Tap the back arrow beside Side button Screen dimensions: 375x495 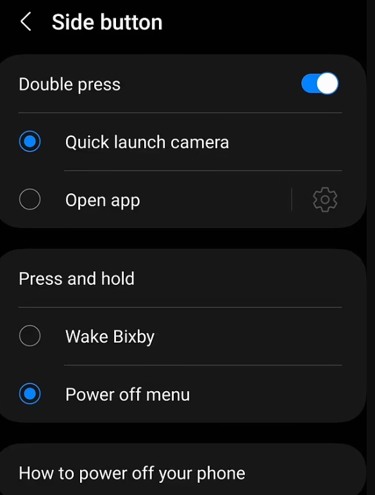[x=26, y=22]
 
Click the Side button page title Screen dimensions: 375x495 [x=107, y=22]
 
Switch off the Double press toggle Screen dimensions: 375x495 [x=320, y=84]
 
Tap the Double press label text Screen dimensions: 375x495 [x=69, y=85]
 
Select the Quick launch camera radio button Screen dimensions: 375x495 [x=29, y=141]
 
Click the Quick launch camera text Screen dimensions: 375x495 [x=147, y=142]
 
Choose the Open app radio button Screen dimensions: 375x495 [x=29, y=199]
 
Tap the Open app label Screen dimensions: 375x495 [x=103, y=200]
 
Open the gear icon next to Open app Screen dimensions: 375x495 [x=325, y=200]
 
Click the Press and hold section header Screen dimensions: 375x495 [x=76, y=279]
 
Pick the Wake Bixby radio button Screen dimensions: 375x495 [x=29, y=336]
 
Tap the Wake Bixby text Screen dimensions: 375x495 [x=110, y=337]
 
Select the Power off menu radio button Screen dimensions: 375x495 [x=29, y=394]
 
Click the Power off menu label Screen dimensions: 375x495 [x=128, y=394]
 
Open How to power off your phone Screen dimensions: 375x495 [x=132, y=473]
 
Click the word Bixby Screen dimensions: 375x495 [x=133, y=337]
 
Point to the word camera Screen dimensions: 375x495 [x=199, y=143]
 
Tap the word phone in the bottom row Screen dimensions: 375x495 [x=221, y=473]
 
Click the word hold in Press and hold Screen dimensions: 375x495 [x=117, y=279]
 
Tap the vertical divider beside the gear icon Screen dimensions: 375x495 [x=292, y=199]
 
